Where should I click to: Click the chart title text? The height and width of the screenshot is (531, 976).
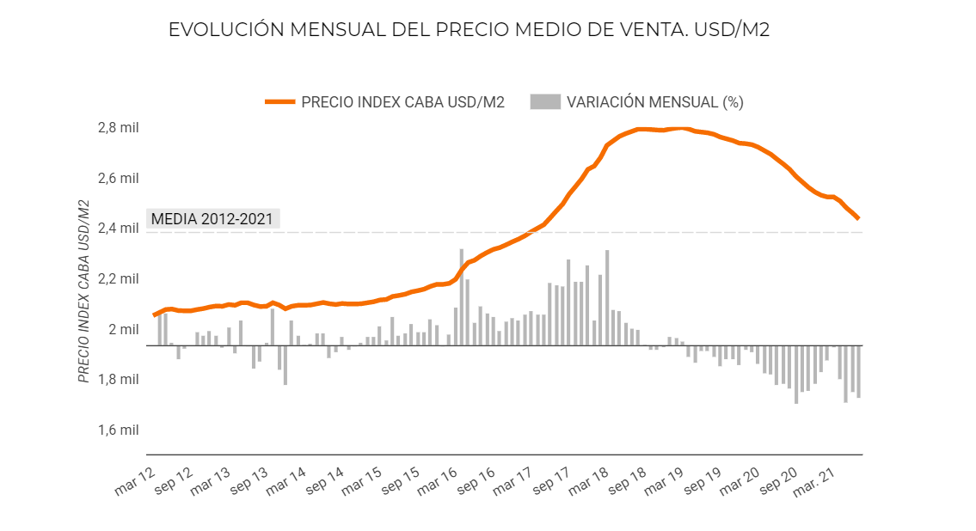[x=469, y=29]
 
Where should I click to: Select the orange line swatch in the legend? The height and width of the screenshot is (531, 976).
[x=279, y=101]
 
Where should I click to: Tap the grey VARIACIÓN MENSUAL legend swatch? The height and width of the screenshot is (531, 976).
[x=543, y=101]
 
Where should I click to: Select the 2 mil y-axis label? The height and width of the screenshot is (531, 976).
[x=123, y=329]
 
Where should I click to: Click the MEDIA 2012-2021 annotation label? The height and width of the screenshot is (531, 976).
[x=212, y=218]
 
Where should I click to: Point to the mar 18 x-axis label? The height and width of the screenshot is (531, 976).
[x=589, y=485]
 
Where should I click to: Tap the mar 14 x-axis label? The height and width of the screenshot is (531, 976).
[x=287, y=485]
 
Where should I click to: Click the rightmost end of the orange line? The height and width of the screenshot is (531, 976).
[x=858, y=218]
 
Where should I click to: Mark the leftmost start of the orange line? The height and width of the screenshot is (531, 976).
[x=154, y=315]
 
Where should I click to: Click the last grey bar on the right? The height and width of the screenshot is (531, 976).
[x=858, y=371]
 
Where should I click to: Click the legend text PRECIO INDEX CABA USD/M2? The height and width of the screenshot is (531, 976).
[x=402, y=101]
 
